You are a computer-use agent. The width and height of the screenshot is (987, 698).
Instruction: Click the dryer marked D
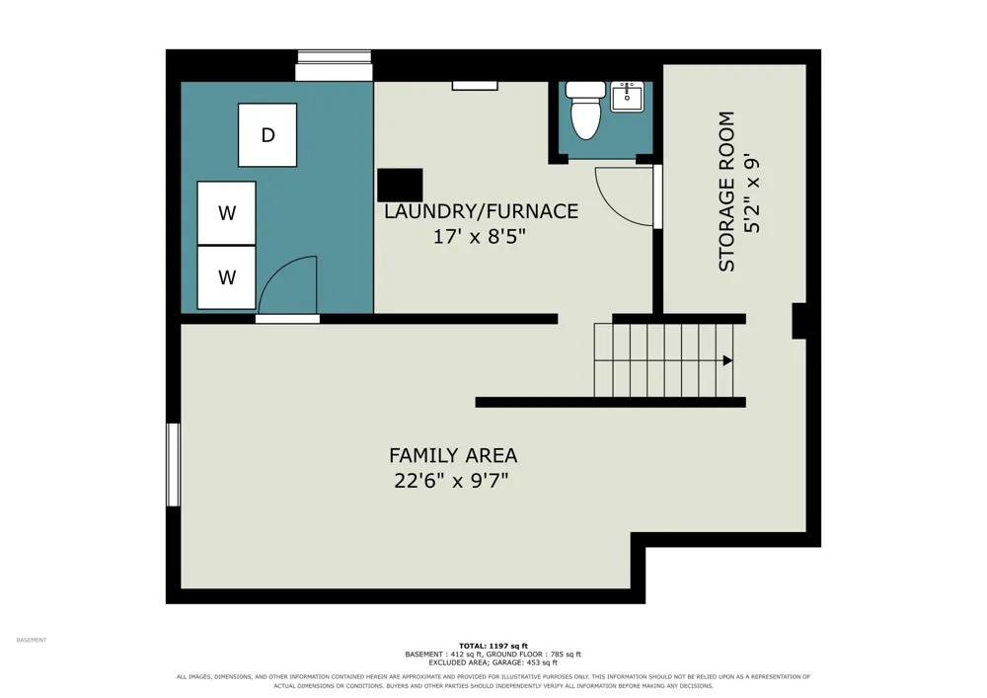coord(267,134)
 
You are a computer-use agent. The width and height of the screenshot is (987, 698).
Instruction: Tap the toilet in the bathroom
coord(585,110)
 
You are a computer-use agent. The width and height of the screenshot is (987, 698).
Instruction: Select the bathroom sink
coord(627,97)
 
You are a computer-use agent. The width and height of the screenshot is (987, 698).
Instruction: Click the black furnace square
coord(400,185)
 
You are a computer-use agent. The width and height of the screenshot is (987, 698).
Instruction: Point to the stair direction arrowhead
coord(727,360)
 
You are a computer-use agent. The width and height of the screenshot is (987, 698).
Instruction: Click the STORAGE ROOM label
coord(726,192)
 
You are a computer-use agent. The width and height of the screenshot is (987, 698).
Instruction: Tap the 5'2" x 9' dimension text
coord(752,193)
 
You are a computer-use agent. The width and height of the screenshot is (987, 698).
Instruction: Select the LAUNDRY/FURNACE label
coord(481,211)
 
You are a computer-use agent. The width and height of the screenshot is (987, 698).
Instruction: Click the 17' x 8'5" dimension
coord(479,237)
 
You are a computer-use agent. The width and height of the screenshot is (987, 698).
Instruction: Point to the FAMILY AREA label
coord(453,455)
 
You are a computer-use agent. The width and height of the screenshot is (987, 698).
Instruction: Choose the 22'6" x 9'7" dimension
coord(451,481)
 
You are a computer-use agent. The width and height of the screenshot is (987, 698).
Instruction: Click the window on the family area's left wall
coord(173,464)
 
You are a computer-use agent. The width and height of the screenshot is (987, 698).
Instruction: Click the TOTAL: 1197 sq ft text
coord(493,646)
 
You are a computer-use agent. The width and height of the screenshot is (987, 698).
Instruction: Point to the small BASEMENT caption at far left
coord(32,640)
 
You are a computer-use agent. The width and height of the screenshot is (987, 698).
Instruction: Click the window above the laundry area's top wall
coord(335,65)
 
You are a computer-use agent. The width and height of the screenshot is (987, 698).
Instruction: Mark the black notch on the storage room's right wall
coord(798,321)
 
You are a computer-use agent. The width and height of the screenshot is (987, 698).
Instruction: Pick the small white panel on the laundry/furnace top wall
coord(475,86)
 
